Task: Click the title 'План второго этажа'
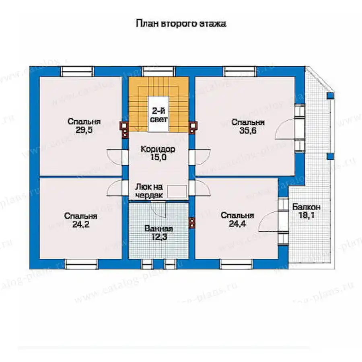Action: click(181, 24)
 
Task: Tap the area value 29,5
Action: click(84, 130)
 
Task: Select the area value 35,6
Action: click(248, 131)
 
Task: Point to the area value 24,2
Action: click(81, 224)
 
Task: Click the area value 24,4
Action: click(237, 224)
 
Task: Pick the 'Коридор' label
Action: click(158, 149)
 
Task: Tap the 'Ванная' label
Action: click(158, 228)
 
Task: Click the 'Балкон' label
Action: click(306, 207)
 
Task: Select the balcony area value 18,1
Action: click(306, 216)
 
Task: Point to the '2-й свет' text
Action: click(159, 115)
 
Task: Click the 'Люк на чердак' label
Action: click(149, 191)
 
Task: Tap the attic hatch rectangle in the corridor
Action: click(177, 191)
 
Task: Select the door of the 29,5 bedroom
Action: click(115, 157)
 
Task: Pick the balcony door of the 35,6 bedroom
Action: click(285, 129)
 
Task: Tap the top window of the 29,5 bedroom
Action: click(77, 71)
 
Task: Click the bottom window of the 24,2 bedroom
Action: click(81, 264)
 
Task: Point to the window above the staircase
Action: click(158, 71)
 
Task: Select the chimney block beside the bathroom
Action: click(192, 223)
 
